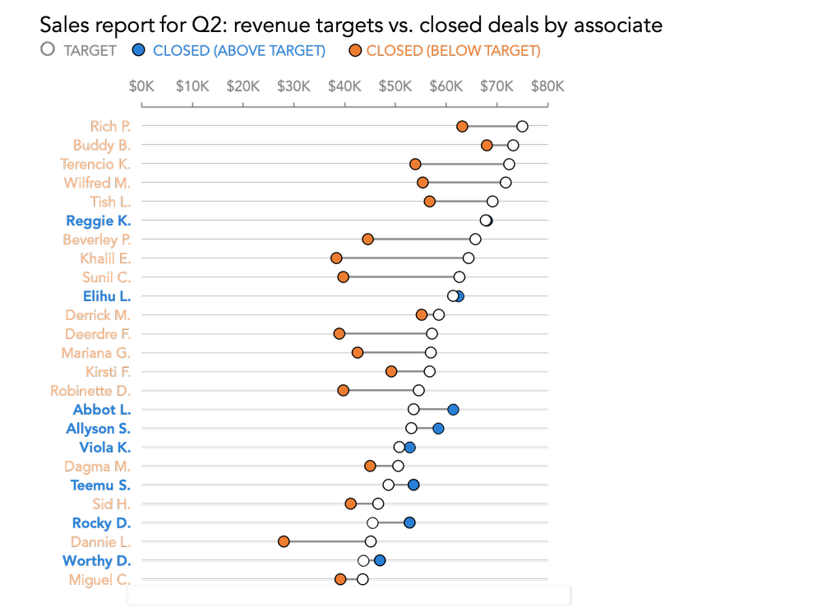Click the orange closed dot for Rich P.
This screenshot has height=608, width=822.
point(462,126)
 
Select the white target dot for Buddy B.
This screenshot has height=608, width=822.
point(513,145)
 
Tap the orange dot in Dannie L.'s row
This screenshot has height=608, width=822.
point(284,541)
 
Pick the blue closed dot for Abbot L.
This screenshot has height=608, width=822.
point(453,409)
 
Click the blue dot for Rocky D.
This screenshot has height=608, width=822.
point(409,522)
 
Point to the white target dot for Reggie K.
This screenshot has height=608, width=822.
point(486,220)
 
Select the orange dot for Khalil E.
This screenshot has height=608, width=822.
point(336,258)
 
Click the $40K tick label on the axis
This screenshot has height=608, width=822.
point(344,86)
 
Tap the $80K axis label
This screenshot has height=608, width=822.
point(547,86)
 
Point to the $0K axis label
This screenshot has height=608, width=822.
point(141,86)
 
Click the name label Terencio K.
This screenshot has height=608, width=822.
point(95,164)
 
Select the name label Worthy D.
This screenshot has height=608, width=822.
point(96,560)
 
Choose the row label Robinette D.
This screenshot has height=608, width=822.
point(90,390)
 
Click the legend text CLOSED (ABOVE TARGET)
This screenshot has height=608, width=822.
point(239,50)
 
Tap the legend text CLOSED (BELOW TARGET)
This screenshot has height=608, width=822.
point(453,50)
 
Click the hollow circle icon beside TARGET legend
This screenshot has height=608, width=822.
point(48,49)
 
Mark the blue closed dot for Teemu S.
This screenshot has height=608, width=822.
point(413,485)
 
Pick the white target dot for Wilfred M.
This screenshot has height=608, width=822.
point(506,183)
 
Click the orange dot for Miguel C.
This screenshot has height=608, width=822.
point(340,579)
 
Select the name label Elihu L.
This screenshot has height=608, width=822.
point(106,295)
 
